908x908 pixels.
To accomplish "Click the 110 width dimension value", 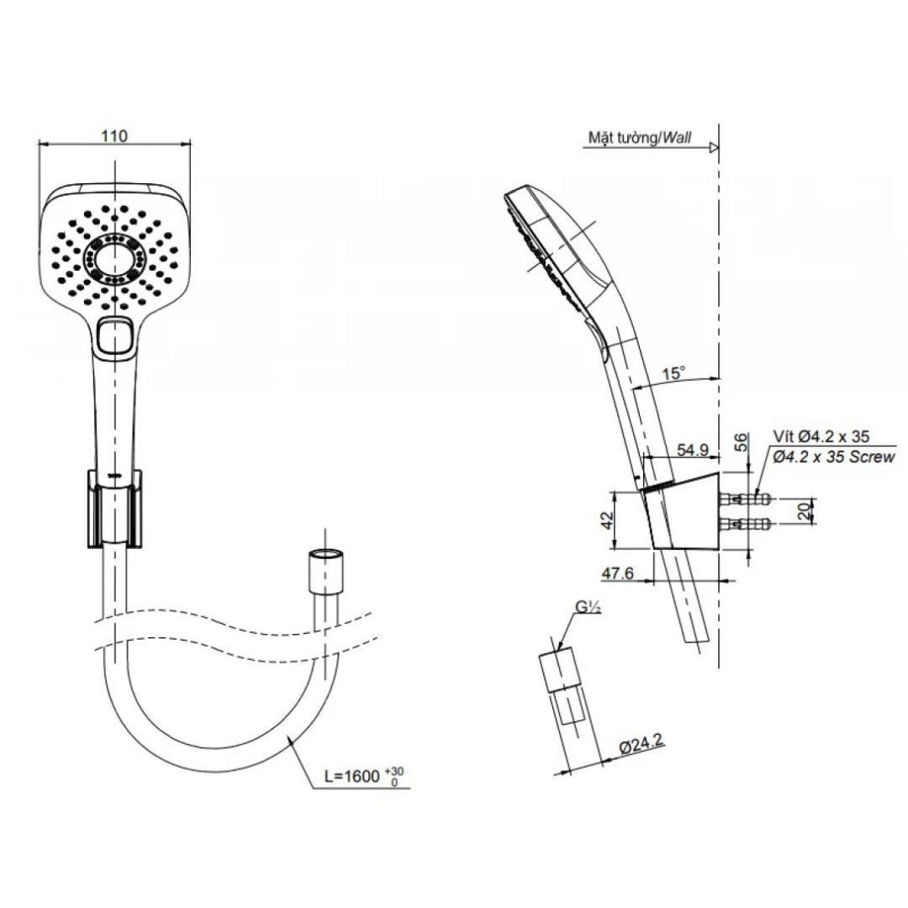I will click(x=115, y=135).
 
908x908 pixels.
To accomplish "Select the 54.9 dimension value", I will click(x=692, y=451).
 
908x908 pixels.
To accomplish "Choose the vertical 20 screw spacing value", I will click(x=806, y=510).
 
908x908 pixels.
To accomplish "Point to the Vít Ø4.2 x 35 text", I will click(x=821, y=436).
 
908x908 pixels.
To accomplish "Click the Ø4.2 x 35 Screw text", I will click(x=832, y=457).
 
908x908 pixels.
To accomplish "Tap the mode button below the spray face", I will click(x=115, y=336).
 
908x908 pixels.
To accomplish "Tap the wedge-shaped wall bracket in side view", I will click(x=684, y=515).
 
